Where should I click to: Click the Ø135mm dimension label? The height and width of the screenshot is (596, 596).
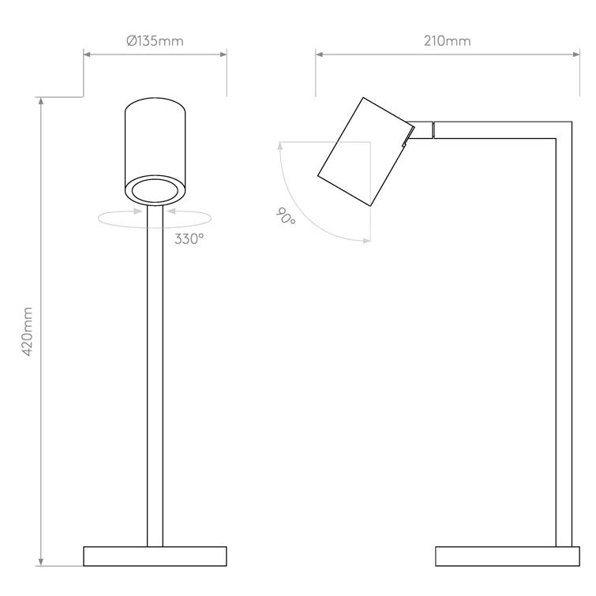coord(155,41)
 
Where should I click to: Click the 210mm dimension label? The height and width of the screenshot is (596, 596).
coord(446,41)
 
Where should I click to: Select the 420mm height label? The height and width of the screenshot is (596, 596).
coord(28,332)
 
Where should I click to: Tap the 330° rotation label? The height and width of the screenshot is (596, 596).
coord(189,238)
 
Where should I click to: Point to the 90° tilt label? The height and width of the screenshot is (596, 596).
coord(286,216)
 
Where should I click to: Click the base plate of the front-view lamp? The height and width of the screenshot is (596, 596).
coord(155,556)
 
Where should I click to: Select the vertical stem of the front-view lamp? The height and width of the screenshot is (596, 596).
coord(155,379)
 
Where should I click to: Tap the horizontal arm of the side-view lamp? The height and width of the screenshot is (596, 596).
coord(497,129)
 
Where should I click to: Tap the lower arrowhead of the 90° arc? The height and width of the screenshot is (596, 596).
coord(366,241)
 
